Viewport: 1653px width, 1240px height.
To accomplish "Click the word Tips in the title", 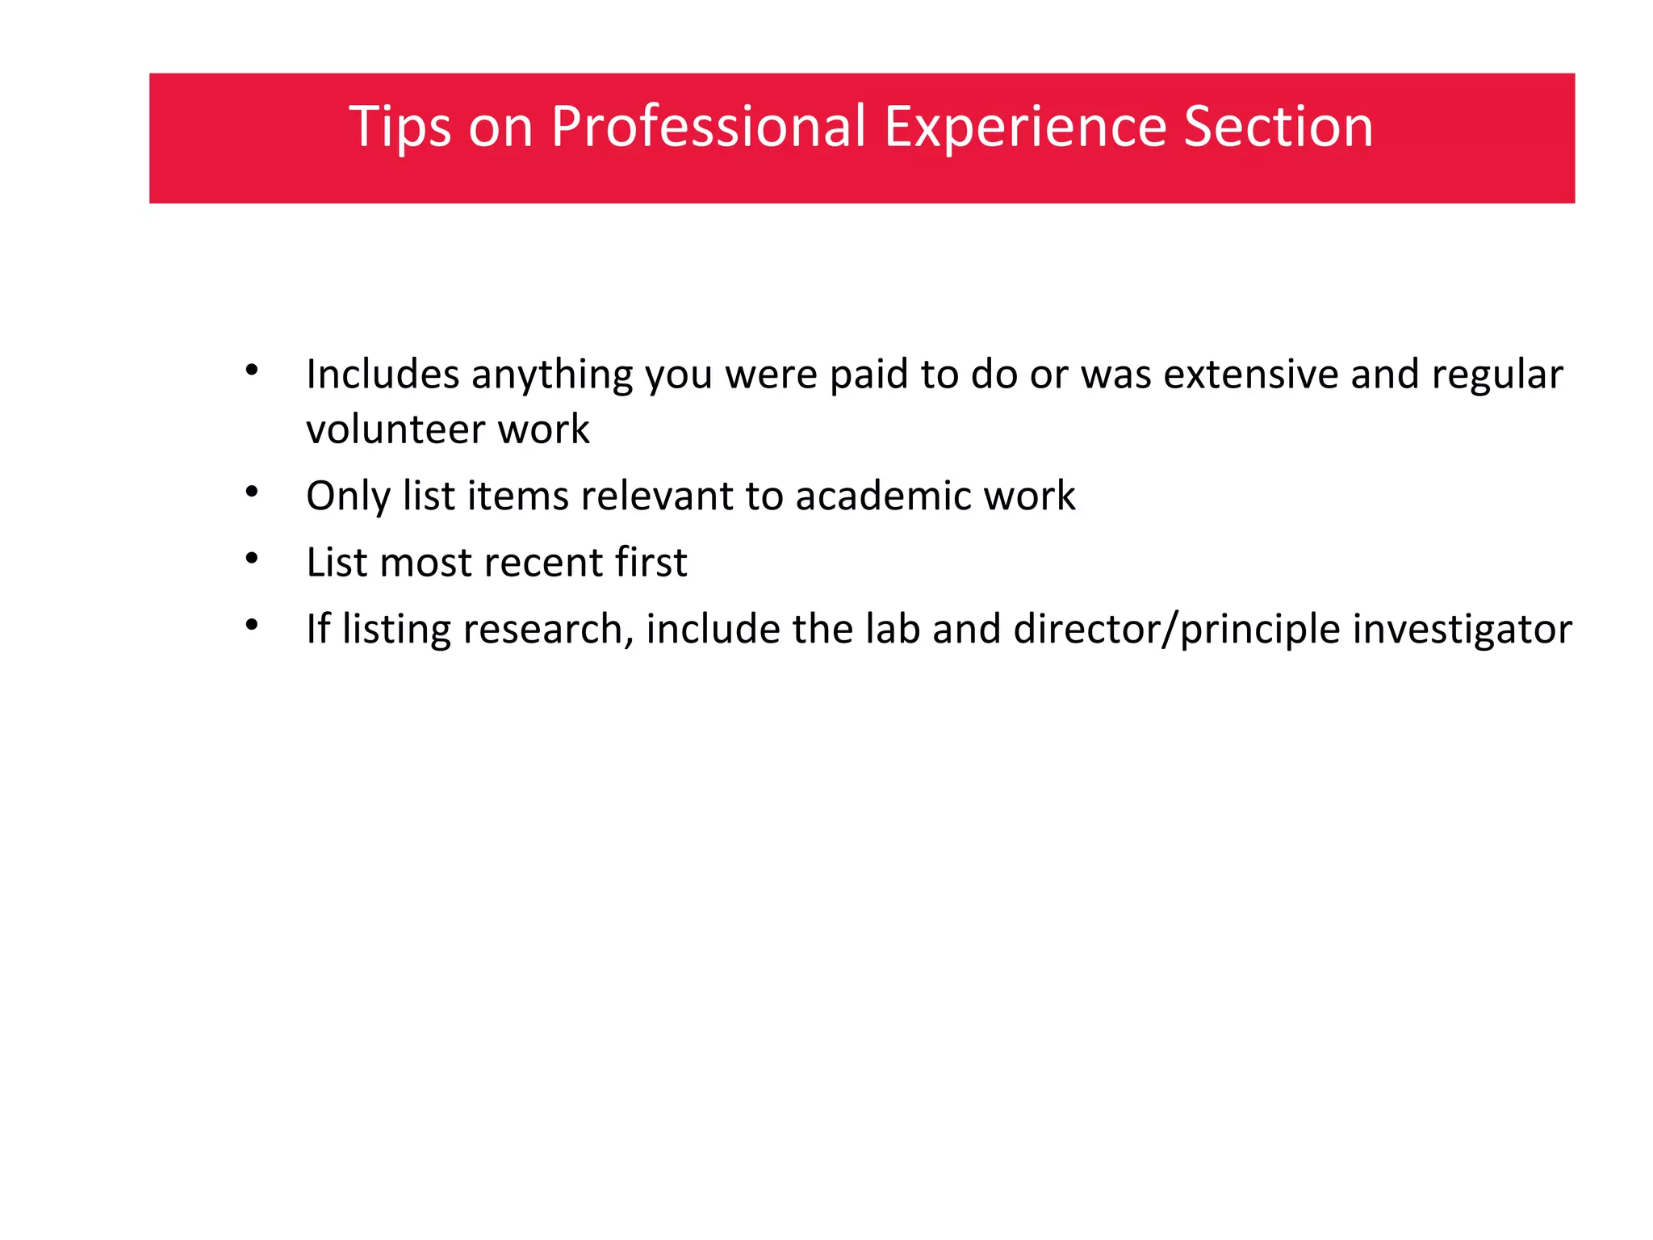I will tap(400, 127).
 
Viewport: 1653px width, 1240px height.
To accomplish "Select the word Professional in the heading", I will tap(708, 127).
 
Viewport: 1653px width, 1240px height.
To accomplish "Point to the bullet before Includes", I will tap(252, 371).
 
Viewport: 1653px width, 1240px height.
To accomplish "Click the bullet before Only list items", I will tap(252, 492).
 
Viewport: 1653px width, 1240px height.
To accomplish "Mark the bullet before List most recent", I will tap(252, 559).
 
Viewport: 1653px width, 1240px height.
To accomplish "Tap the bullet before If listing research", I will tap(252, 625).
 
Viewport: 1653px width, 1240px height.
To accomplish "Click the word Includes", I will tap(383, 375).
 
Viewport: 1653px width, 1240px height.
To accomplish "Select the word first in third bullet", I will tap(651, 563).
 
